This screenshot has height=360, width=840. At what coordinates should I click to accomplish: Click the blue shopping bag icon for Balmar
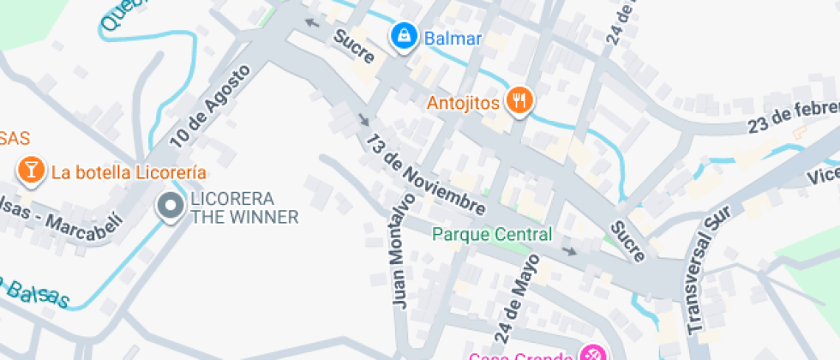pos(402,36)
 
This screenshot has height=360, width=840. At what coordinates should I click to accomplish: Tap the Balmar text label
pos(452,39)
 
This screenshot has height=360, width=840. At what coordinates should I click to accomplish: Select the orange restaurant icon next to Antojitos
pos(518,102)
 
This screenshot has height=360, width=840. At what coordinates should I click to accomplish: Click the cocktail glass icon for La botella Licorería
pos(31,170)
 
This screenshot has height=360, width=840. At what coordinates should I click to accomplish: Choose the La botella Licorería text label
pos(129,171)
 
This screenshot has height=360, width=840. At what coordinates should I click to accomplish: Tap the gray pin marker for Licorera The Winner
pos(171,206)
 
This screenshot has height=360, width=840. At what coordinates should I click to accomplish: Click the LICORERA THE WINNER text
pos(244,207)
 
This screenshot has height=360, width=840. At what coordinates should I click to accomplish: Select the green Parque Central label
pos(492,234)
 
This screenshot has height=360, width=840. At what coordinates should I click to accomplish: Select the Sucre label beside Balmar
pos(354,48)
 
